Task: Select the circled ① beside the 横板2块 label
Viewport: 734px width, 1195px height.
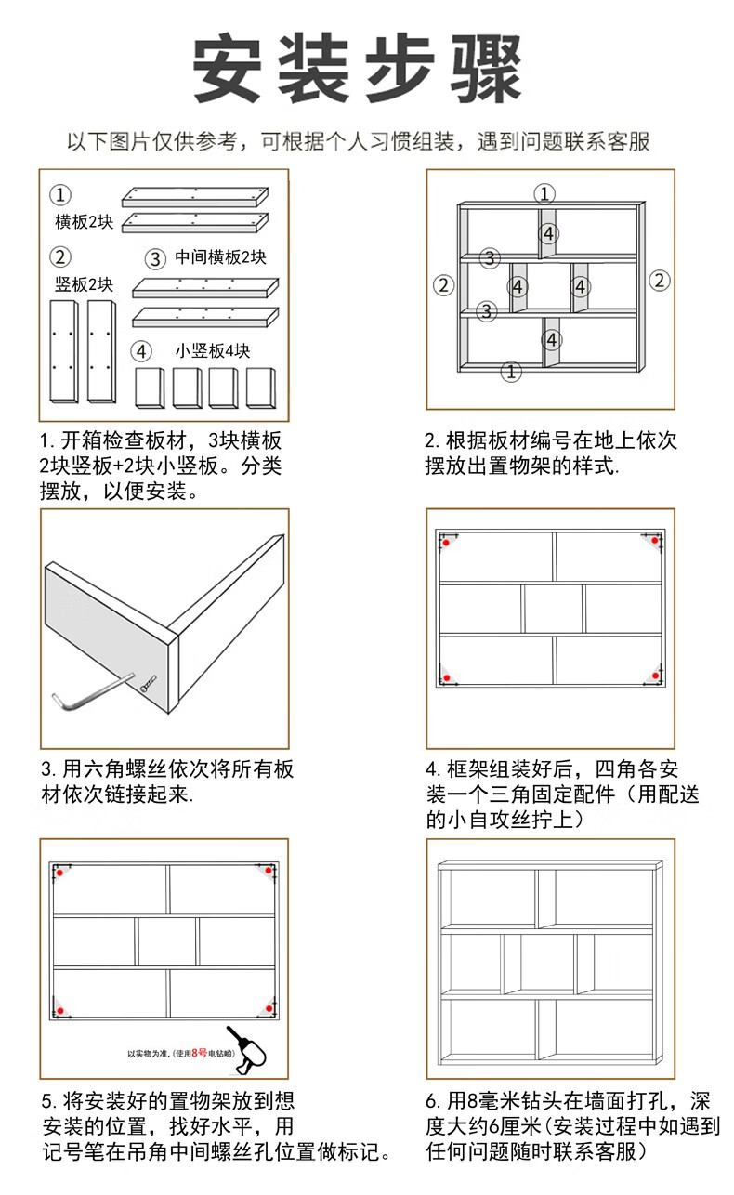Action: tap(60, 195)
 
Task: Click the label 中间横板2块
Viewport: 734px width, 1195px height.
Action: tap(219, 257)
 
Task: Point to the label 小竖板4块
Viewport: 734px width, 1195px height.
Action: tap(213, 351)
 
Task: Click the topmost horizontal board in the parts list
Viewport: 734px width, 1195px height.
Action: tap(194, 195)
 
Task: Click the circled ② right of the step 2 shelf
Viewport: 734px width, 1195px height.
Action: tap(659, 280)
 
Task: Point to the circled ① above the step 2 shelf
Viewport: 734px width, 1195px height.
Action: tap(545, 193)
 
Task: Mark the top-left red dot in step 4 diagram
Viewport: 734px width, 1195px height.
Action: tap(446, 541)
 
